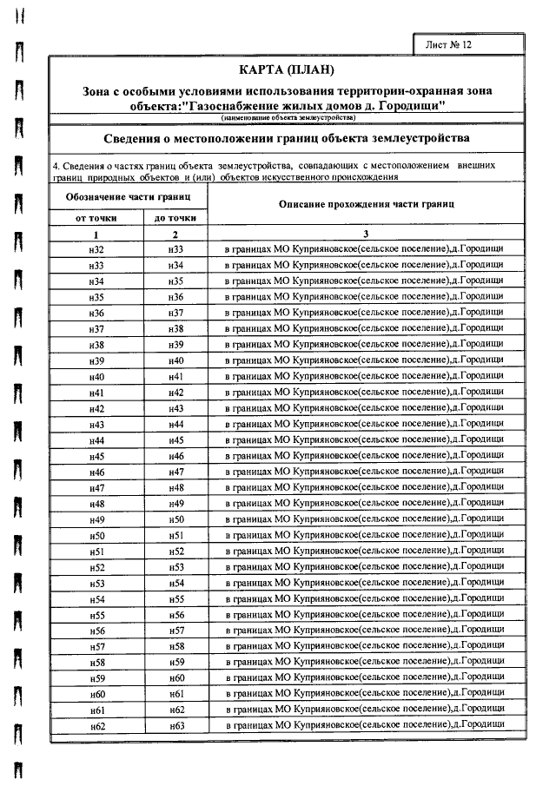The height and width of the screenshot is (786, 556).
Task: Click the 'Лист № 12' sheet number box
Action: coord(447,43)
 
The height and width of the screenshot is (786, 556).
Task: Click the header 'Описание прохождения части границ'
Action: coord(364,204)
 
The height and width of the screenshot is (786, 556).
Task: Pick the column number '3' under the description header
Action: coord(365,234)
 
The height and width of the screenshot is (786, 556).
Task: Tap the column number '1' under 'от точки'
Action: coord(96,234)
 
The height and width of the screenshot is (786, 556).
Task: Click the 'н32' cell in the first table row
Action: coord(96,249)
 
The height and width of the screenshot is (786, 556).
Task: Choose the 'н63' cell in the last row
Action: coord(176,725)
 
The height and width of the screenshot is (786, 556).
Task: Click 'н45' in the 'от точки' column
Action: coord(96,456)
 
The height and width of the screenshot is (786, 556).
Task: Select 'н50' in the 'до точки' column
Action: coord(176,519)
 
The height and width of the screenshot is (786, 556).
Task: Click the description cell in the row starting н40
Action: coord(364,376)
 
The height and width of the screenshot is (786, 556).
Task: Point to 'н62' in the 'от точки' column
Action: coord(96,725)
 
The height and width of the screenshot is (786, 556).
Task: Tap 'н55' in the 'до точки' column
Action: coord(176,598)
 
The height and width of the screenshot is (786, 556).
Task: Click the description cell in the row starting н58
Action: coord(364,662)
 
